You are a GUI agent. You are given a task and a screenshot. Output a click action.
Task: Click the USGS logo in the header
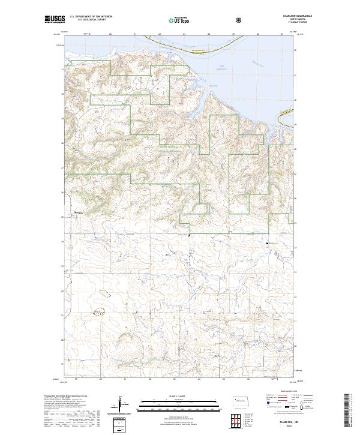pos(53,20)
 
